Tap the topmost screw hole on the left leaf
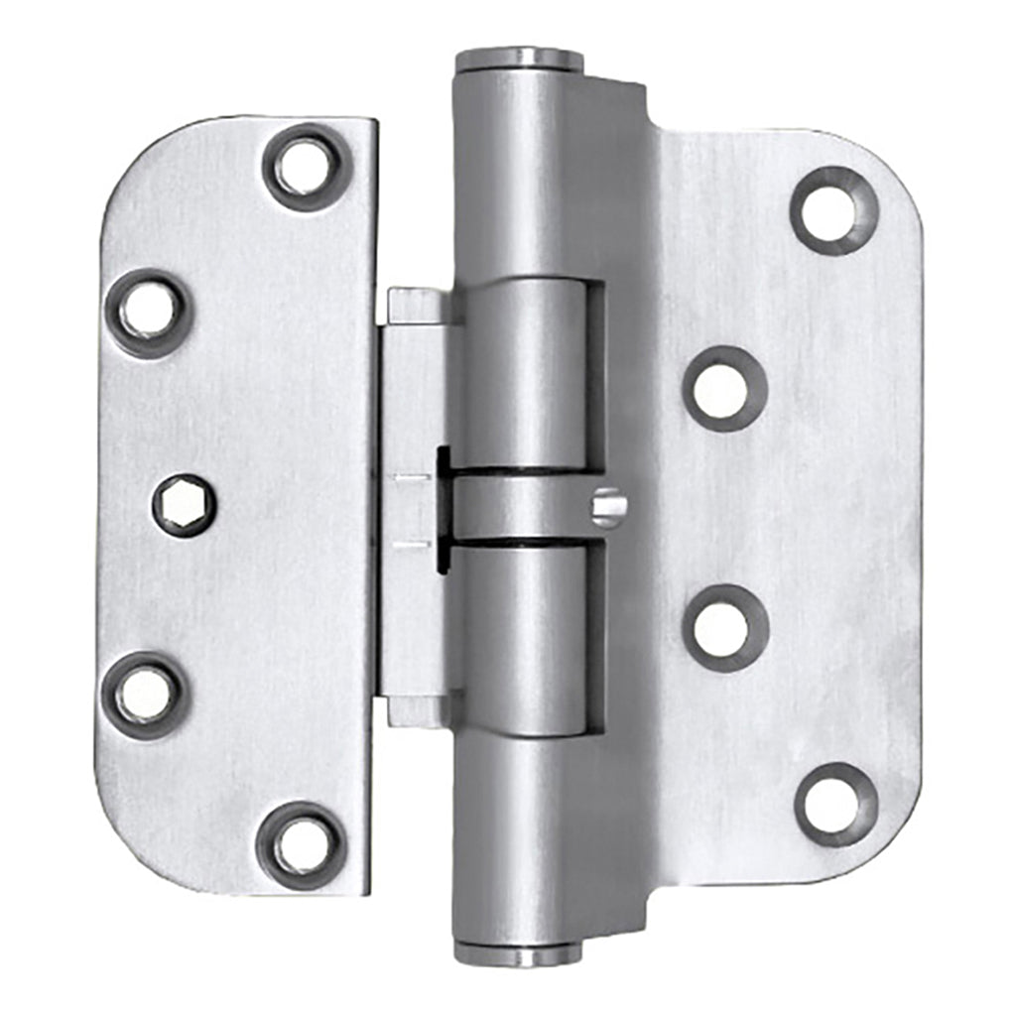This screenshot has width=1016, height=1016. click(x=306, y=167)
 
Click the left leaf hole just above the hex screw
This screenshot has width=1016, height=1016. click(x=148, y=314)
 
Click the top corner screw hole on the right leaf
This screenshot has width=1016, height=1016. click(x=834, y=210)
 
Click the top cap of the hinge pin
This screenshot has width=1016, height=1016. click(x=519, y=61)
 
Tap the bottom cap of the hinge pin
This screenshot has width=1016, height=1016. click(x=518, y=953)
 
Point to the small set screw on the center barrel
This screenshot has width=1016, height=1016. click(x=609, y=507)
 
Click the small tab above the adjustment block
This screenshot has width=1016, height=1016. click(x=418, y=307)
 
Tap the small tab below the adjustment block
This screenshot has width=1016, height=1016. click(x=418, y=709)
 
